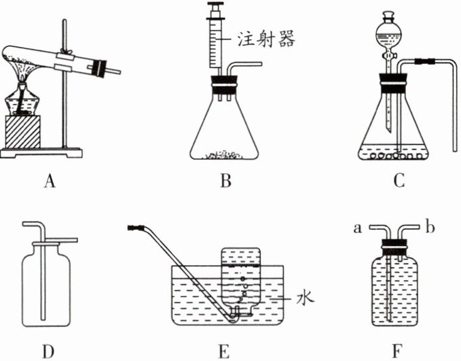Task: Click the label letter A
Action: (48, 181)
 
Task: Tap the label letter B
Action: (227, 181)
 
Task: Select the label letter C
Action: (399, 181)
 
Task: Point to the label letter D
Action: (48, 351)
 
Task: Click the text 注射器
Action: (268, 40)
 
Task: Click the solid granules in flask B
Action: (226, 155)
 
